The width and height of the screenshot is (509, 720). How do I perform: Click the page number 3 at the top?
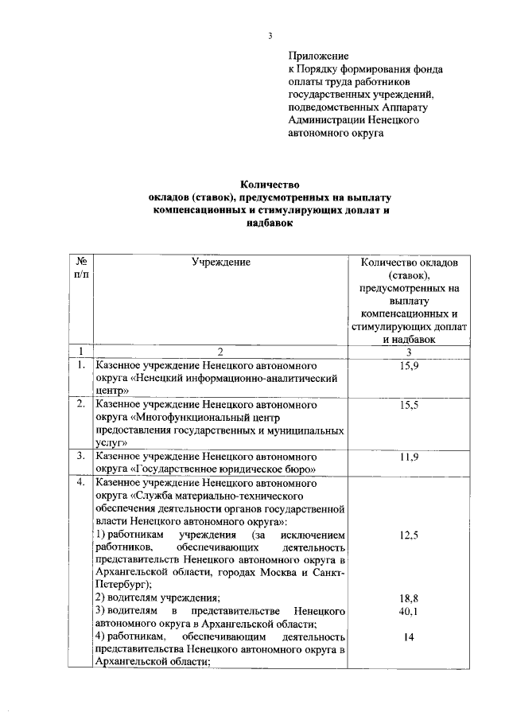click(x=269, y=35)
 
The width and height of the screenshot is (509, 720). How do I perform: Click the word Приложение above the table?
click(x=318, y=56)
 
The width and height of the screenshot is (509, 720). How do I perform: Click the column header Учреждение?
click(x=220, y=262)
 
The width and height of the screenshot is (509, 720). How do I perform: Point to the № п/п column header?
click(x=80, y=268)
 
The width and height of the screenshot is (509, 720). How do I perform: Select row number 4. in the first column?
click(x=80, y=483)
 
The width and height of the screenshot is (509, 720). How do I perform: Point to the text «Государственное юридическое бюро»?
click(x=225, y=469)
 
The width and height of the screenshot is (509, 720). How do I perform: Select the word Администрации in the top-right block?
click(x=325, y=120)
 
